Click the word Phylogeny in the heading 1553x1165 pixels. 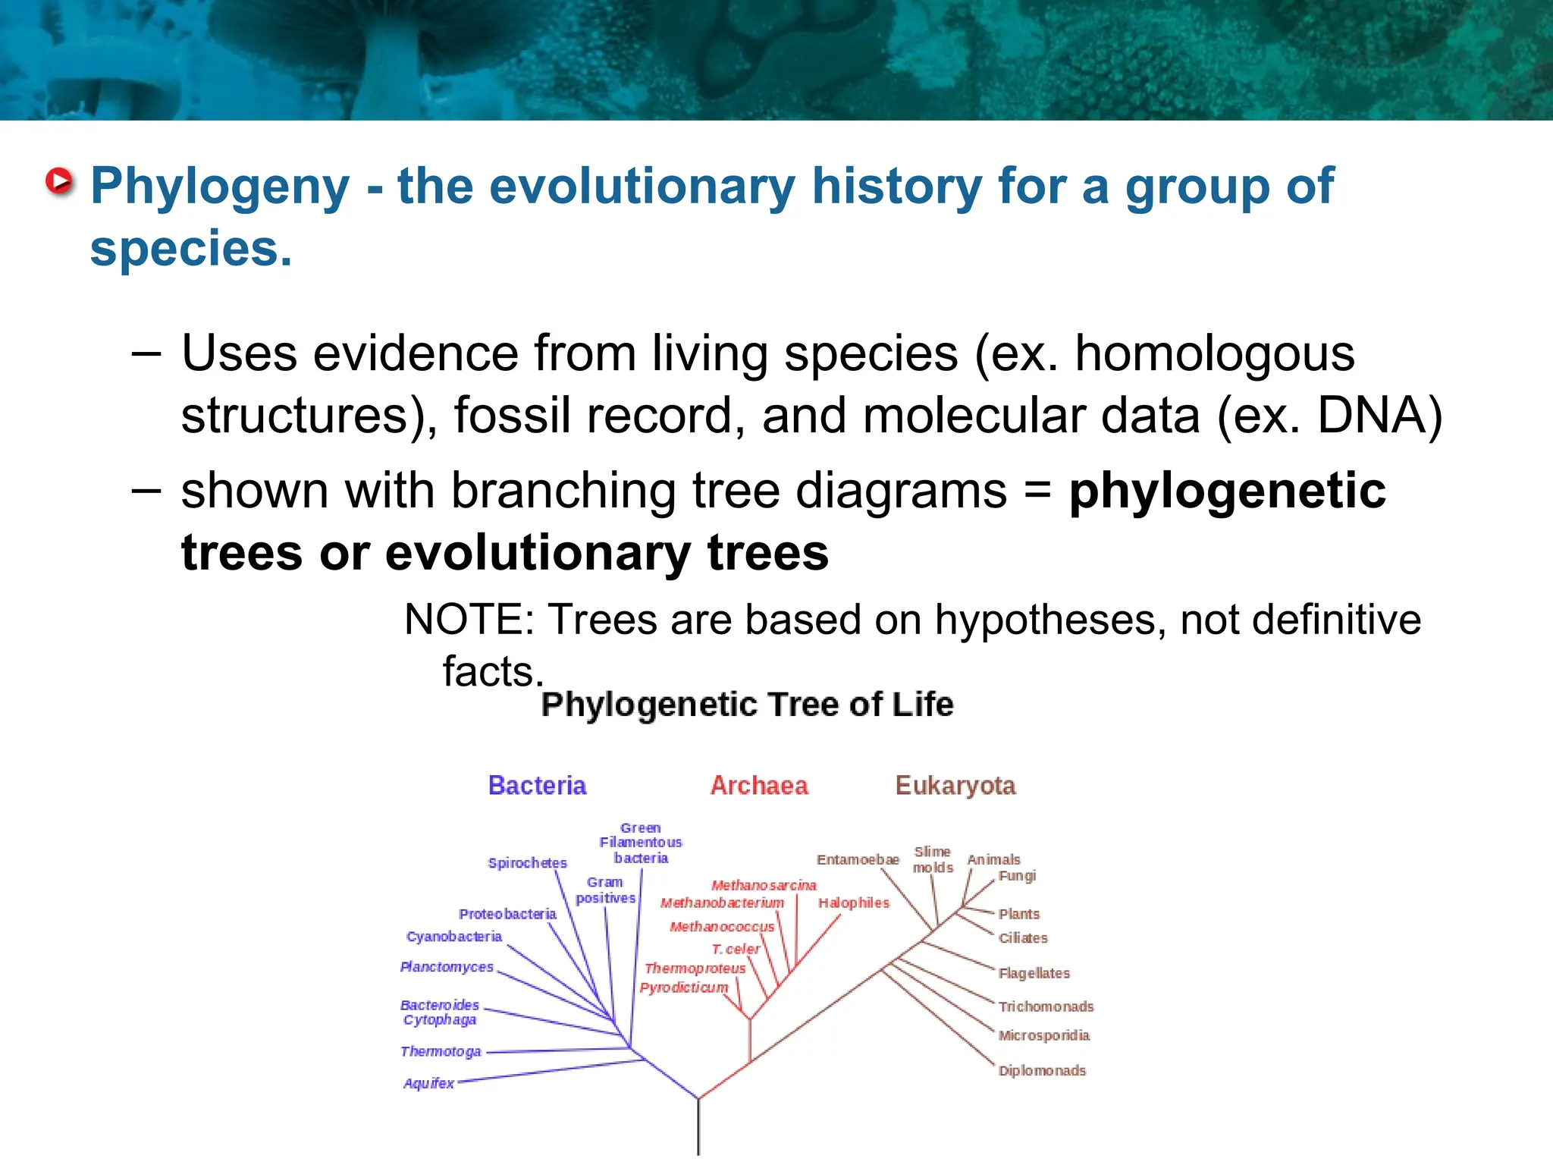(220, 187)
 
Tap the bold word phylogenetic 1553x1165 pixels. (1227, 491)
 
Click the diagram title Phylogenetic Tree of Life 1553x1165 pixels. (747, 705)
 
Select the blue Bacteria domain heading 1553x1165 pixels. (537, 785)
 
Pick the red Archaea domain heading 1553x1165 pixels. (759, 785)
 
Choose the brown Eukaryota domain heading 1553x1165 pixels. (955, 785)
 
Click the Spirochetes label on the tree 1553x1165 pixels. (527, 863)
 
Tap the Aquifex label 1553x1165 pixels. (428, 1083)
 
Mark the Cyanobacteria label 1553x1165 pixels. (454, 937)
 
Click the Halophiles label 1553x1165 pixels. (853, 903)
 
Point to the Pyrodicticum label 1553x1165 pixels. (683, 988)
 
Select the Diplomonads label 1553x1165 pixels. (1042, 1070)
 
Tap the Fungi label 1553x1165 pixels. (1017, 876)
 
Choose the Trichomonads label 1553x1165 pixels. (1046, 1006)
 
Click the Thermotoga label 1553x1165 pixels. (441, 1051)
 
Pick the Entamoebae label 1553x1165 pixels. (858, 859)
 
